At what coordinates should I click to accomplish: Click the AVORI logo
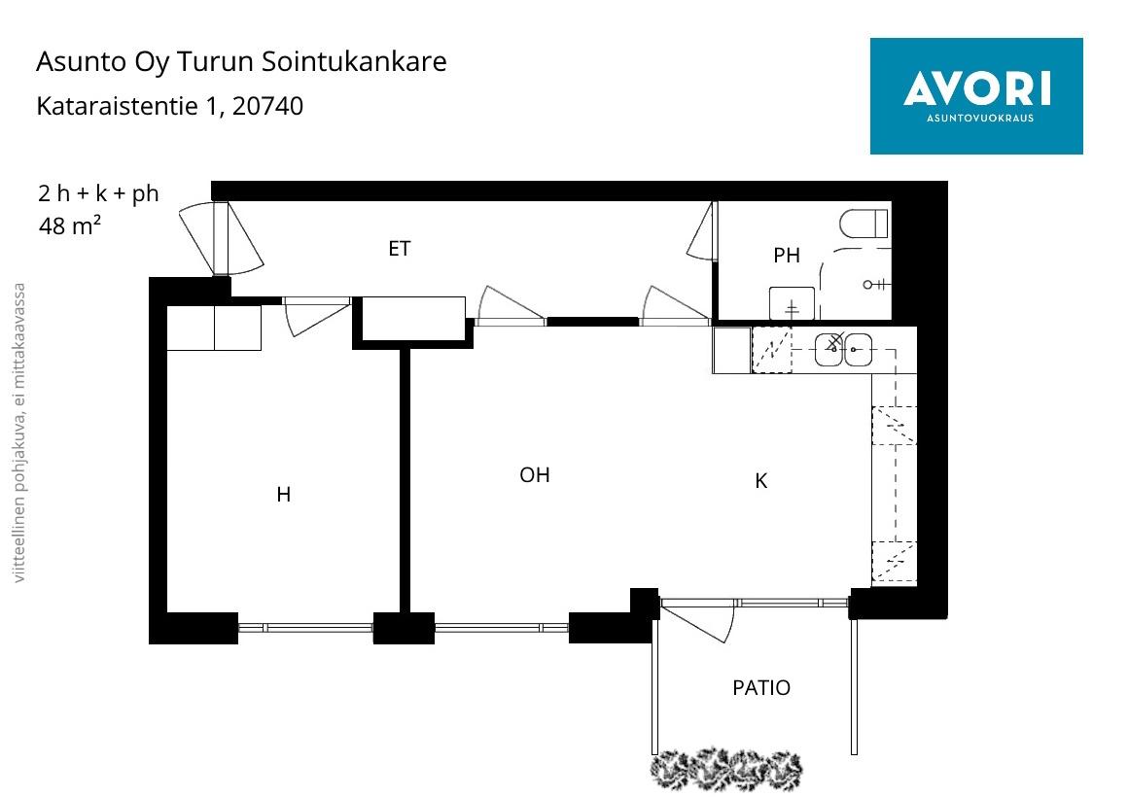[976, 95]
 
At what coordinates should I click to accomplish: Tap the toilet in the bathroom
[864, 224]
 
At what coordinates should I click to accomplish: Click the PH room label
[787, 256]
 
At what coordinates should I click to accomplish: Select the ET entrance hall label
[399, 249]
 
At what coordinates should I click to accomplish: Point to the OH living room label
[535, 475]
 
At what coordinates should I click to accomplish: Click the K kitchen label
[761, 481]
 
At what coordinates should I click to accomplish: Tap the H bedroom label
[283, 495]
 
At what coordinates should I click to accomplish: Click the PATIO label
[761, 688]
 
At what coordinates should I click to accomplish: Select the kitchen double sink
[843, 350]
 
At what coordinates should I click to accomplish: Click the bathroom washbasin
[792, 303]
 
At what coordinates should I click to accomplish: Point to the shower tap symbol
[873, 285]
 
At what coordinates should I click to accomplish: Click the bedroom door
[315, 316]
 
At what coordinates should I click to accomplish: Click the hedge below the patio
[727, 770]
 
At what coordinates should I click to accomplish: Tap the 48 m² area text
[70, 226]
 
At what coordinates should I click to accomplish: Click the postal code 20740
[268, 106]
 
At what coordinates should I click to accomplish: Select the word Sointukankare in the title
[355, 62]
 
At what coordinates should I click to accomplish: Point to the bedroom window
[305, 628]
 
